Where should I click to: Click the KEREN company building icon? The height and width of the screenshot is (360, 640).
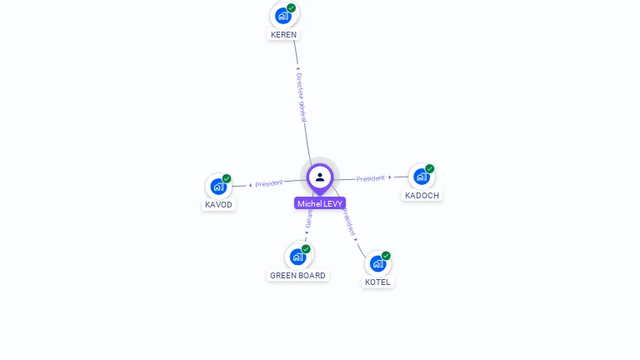point(283,16)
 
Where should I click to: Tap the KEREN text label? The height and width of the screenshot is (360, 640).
point(283,35)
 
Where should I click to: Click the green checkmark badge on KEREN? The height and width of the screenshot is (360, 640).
point(291,8)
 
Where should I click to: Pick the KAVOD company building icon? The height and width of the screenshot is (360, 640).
point(218,187)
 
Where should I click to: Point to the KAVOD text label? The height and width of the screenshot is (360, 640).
point(218,205)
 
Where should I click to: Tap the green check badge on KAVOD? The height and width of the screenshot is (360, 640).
point(227,179)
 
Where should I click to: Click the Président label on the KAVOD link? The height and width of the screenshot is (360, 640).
point(269,183)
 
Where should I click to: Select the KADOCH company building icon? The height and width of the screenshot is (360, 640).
point(421,177)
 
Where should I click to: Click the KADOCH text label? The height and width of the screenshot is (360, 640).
point(421,196)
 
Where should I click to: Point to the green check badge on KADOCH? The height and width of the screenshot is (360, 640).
point(430,169)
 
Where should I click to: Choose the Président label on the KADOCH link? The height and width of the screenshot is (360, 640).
point(371,178)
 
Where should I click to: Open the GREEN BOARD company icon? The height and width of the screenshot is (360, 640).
point(297,257)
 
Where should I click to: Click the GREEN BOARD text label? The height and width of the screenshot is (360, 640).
point(297,276)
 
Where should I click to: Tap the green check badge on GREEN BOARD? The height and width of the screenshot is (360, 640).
point(306,249)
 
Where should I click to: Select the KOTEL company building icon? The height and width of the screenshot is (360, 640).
point(377,263)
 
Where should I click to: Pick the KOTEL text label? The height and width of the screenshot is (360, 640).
point(377,282)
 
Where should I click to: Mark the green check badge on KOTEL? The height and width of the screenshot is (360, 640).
point(386,256)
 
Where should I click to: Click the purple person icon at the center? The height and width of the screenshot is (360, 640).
point(320,177)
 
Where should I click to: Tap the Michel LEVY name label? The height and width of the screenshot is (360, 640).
point(320,203)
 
